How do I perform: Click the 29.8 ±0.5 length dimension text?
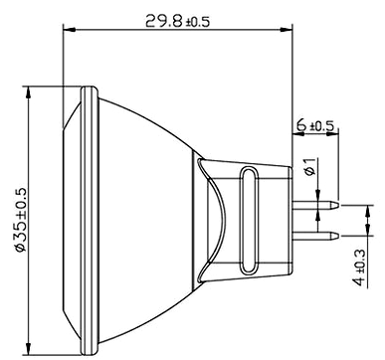pos(177,22)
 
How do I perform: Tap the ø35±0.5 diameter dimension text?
pos(22,220)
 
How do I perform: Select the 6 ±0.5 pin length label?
pos(315,125)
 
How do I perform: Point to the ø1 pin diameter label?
pos(310,167)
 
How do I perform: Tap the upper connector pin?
pos(315,205)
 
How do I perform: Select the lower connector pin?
pos(315,236)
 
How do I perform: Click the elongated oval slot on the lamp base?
pos(249,220)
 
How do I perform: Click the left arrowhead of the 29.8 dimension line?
pos(70,30)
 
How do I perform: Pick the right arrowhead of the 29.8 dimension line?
pos(287,30)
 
